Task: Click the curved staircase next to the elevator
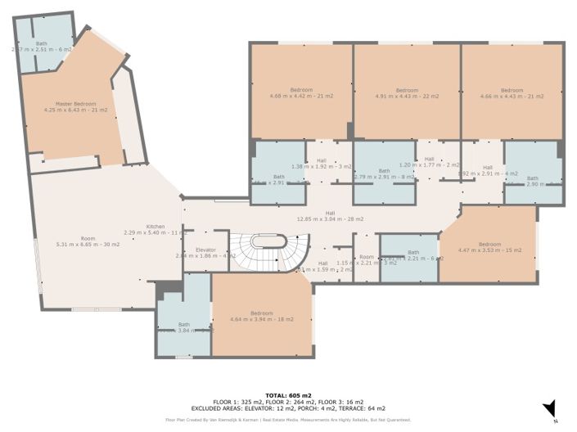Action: pyautogui.click(x=270, y=250)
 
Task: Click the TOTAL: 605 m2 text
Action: pyautogui.click(x=287, y=395)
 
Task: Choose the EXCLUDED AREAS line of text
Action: pyautogui.click(x=287, y=407)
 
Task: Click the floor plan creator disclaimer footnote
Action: pyautogui.click(x=287, y=420)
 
